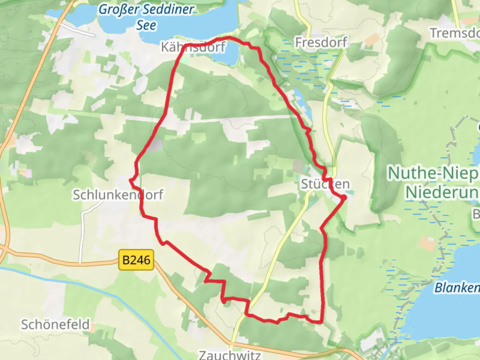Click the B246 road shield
tap(136, 260)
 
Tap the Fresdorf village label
tap(321, 42)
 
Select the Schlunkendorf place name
tap(118, 195)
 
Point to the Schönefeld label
tap(55, 324)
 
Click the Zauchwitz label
tap(230, 355)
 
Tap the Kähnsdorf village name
tap(193, 47)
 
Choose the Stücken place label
tap(325, 184)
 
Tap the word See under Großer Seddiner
tap(146, 25)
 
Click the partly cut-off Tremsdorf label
tap(455, 33)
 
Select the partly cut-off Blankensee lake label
tap(457, 287)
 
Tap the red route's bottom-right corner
tap(321, 322)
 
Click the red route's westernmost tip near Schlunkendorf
tap(130, 180)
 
